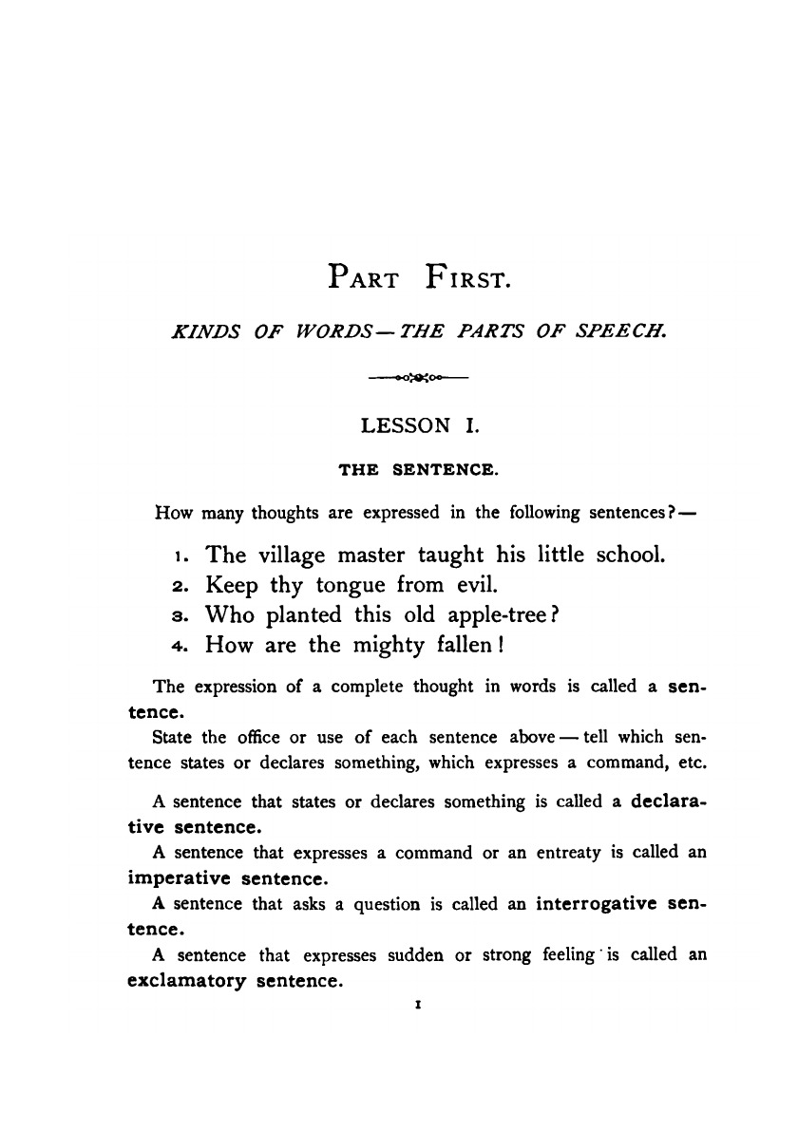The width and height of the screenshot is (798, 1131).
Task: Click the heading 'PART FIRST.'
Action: (x=419, y=276)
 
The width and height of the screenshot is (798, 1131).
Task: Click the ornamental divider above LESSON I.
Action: (x=418, y=379)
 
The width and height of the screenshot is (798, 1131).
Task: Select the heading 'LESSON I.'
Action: (x=419, y=426)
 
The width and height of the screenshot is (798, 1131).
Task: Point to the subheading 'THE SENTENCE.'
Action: (x=419, y=469)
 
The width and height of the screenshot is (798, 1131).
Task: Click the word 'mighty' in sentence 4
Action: (x=396, y=646)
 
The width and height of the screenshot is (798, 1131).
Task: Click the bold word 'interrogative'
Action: (x=597, y=903)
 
